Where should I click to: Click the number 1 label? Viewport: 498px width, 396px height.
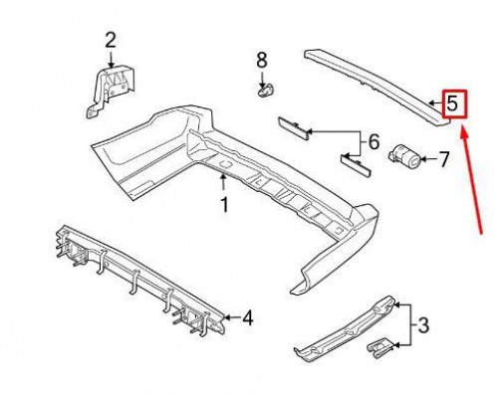[224, 206]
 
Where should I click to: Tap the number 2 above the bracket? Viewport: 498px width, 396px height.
[111, 41]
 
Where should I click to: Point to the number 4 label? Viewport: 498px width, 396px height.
[246, 319]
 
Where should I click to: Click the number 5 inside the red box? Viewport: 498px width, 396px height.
[453, 102]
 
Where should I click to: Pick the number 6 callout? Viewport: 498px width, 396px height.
[373, 143]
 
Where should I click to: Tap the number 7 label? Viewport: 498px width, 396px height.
[444, 157]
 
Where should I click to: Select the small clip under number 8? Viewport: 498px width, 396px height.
[265, 92]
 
